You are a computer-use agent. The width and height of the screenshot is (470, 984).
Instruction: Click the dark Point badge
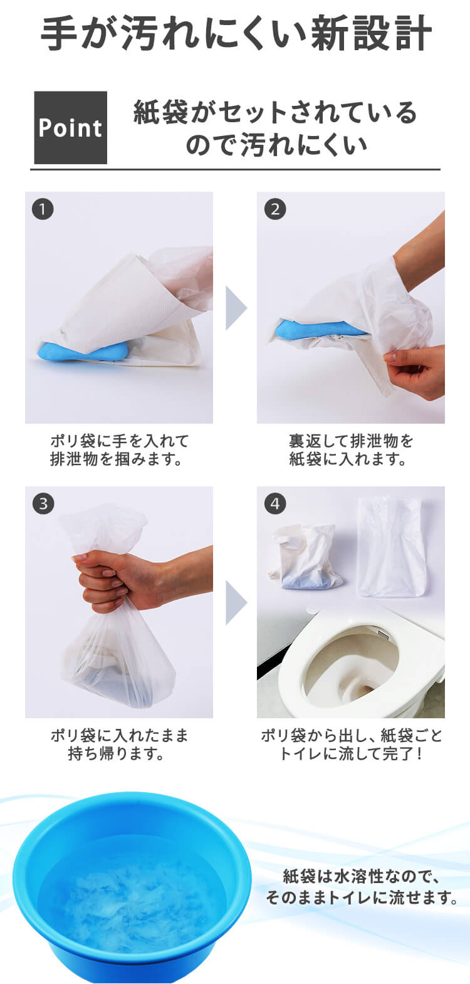point(70,128)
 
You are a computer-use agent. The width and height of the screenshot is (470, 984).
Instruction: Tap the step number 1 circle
point(43,209)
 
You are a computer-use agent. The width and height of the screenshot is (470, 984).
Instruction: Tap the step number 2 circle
point(274,209)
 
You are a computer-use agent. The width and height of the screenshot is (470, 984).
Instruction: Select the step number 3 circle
point(43,504)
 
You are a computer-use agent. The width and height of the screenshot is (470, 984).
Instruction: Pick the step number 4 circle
point(274,504)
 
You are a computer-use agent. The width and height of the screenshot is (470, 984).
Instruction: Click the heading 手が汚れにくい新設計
point(235,34)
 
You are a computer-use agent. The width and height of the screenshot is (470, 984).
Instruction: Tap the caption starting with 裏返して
point(350,450)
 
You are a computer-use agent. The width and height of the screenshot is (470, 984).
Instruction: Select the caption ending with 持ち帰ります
point(118,744)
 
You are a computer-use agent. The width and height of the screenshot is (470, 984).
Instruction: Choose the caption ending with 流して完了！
point(350,744)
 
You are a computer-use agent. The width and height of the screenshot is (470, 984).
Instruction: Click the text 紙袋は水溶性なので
point(361,876)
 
